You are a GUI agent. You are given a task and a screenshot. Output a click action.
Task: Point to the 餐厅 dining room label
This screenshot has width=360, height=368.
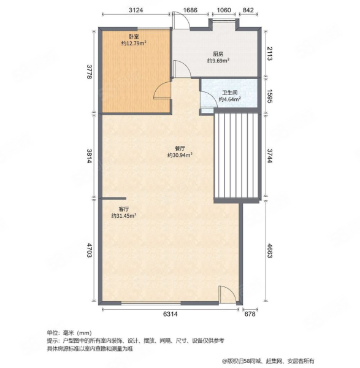coord(180,148)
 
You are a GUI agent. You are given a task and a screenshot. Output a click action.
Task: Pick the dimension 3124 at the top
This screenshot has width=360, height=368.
coord(136,10)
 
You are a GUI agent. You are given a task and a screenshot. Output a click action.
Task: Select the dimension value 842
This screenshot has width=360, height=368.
coord(248,10)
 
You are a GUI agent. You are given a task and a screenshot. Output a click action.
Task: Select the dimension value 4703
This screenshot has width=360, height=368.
coord(90,251)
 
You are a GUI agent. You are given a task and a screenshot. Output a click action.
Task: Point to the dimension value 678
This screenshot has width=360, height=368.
coord(249,315)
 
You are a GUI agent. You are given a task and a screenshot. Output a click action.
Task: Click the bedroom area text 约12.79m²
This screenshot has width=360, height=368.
coord(133,44)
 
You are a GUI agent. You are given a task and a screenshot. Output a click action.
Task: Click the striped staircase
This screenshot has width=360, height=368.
coord(236,156)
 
